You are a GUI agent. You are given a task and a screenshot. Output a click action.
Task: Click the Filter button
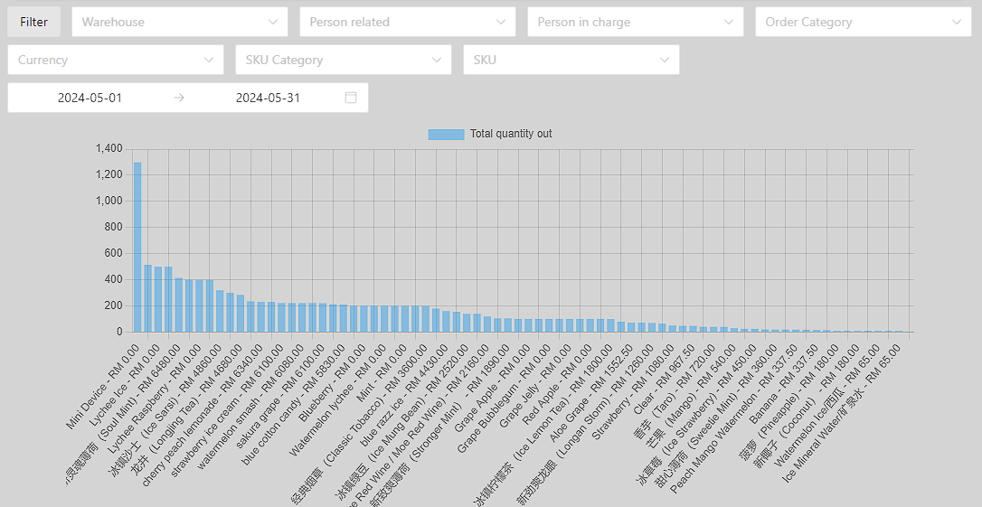click(x=34, y=22)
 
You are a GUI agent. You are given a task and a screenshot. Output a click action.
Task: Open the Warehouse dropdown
click(x=180, y=22)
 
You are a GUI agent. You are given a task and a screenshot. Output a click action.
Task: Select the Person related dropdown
click(x=408, y=22)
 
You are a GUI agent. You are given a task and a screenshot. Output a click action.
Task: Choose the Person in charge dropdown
click(x=636, y=22)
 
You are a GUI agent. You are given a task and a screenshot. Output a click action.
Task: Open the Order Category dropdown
click(x=864, y=22)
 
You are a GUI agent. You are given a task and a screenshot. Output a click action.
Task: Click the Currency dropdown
click(x=116, y=60)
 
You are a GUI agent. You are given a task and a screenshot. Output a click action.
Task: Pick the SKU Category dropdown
click(x=344, y=60)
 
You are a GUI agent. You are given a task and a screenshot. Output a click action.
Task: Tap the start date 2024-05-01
click(x=90, y=98)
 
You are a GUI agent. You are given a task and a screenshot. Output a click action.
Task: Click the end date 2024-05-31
click(x=268, y=98)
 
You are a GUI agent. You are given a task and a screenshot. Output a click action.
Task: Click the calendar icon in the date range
click(x=351, y=98)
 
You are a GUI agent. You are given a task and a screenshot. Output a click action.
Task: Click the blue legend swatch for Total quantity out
click(x=446, y=134)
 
